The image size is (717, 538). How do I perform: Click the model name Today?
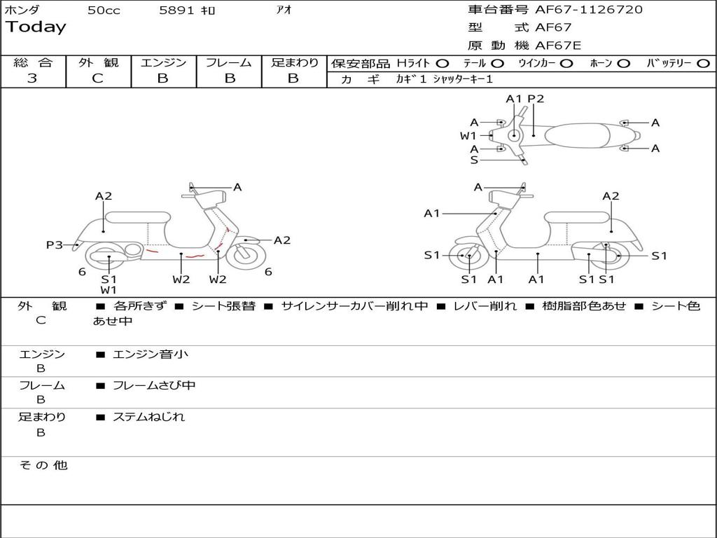(36, 27)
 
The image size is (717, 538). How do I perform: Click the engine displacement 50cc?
(104, 11)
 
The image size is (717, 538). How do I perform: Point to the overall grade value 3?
(32, 78)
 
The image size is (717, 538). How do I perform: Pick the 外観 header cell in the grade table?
(98, 63)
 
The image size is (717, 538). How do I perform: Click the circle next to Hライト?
(443, 64)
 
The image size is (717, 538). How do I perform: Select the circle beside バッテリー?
(703, 64)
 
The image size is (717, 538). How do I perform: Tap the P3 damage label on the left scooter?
(55, 245)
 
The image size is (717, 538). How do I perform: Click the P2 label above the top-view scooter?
(536, 99)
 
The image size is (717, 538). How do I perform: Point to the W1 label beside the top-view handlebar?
(468, 136)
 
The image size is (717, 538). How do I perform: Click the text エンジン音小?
(150, 354)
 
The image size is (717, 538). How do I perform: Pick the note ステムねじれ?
(148, 417)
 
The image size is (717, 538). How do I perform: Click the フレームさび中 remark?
(154, 385)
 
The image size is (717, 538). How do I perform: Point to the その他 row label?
(43, 465)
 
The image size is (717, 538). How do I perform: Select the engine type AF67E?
(558, 46)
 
